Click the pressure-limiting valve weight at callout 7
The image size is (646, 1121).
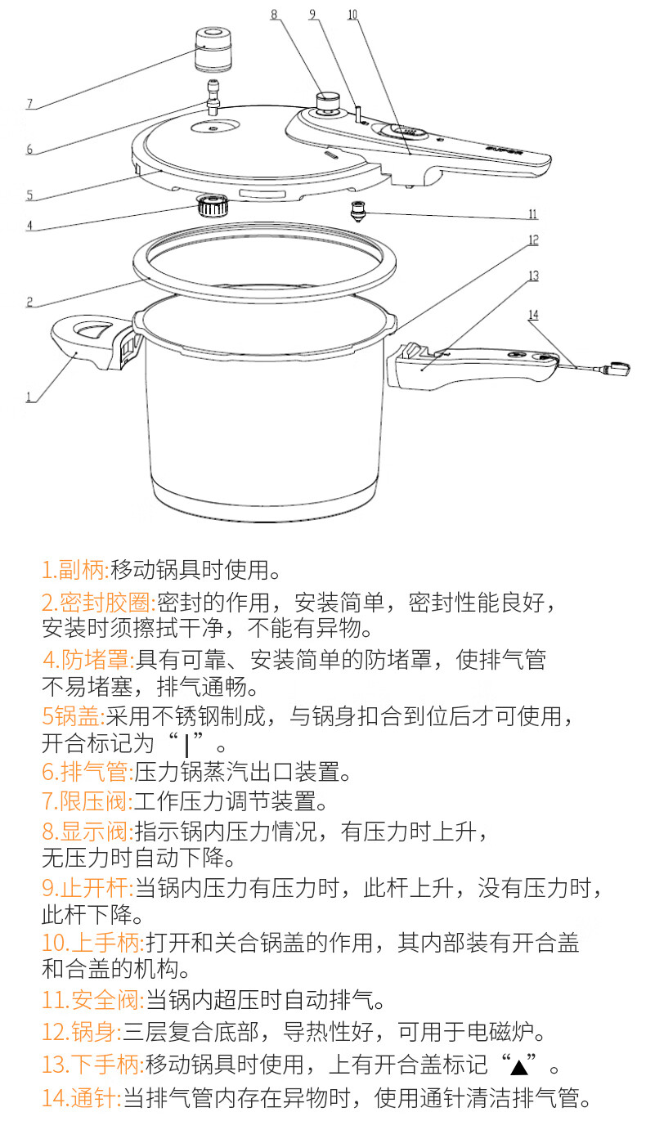coord(213,51)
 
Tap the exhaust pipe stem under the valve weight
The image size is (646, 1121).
coord(213,96)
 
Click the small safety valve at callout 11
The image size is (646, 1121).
coord(358,211)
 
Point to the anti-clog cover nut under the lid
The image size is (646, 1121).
coord(211,206)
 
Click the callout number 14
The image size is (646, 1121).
coord(533,315)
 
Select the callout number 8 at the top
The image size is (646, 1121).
coord(274,14)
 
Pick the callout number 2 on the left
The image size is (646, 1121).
coord(29,302)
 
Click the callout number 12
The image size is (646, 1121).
coord(533,240)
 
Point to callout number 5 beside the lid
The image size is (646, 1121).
coord(29,195)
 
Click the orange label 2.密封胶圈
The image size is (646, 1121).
coord(96,602)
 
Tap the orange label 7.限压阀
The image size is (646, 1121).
coord(87,801)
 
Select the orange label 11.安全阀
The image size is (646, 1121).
coord(93,1000)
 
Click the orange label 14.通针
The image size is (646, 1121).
coord(82,1098)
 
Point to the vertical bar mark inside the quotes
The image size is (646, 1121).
coord(186,745)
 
